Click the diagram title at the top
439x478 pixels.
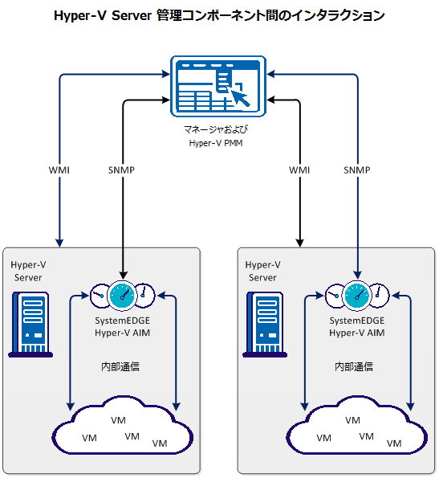[219, 15]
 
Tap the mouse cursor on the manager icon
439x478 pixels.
[241, 98]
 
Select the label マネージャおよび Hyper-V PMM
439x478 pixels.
[217, 137]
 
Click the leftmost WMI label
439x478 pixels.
[60, 170]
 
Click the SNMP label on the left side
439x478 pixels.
[121, 170]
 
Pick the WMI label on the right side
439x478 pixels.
[299, 170]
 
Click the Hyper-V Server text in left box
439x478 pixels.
[26, 271]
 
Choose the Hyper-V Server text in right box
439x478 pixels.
[262, 271]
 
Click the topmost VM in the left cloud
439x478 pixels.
[118, 420]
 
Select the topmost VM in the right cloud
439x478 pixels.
[352, 420]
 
